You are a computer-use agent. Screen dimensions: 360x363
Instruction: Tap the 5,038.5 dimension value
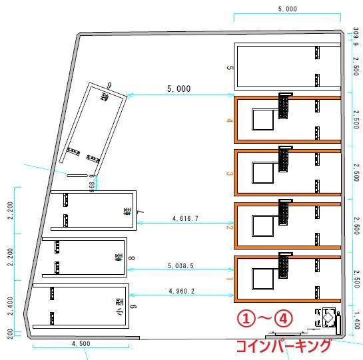click(x=181, y=266)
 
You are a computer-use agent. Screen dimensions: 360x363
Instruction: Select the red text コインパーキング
click(x=284, y=346)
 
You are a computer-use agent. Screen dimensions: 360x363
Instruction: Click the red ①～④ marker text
click(x=266, y=319)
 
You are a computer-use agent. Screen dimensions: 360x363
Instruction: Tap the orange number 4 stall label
click(x=228, y=121)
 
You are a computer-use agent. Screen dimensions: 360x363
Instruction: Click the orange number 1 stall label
click(x=228, y=279)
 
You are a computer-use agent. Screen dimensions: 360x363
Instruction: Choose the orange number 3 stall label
click(x=228, y=174)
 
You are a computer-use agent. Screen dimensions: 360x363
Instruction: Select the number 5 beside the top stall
click(x=229, y=68)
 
